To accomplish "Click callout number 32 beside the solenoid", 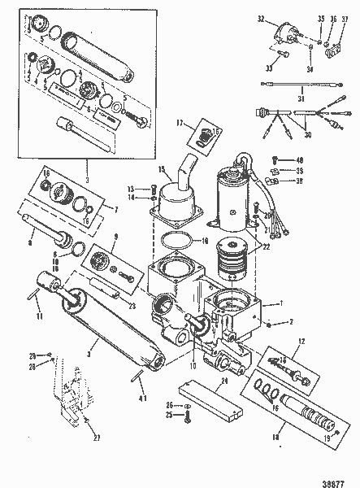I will tap(261, 17).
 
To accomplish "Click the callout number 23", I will tap(131, 307).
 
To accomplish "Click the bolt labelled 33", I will tap(281, 54).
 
